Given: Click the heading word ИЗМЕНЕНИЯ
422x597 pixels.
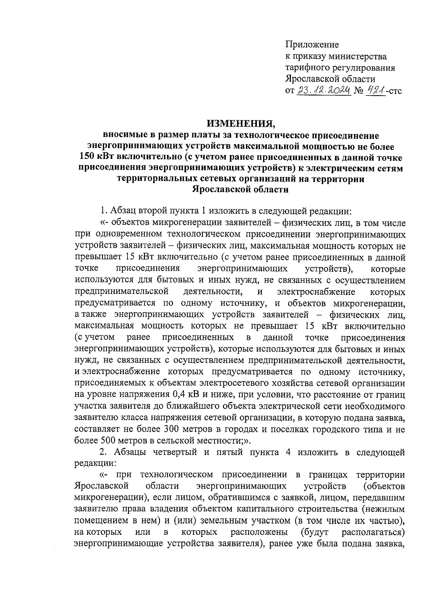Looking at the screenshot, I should click(240, 123).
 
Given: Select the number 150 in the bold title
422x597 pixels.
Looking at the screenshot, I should click(87, 156).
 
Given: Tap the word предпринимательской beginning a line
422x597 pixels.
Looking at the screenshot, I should click(120, 291).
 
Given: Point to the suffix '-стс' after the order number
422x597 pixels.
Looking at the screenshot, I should click(395, 91).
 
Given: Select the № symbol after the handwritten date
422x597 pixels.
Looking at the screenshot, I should click(359, 91).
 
